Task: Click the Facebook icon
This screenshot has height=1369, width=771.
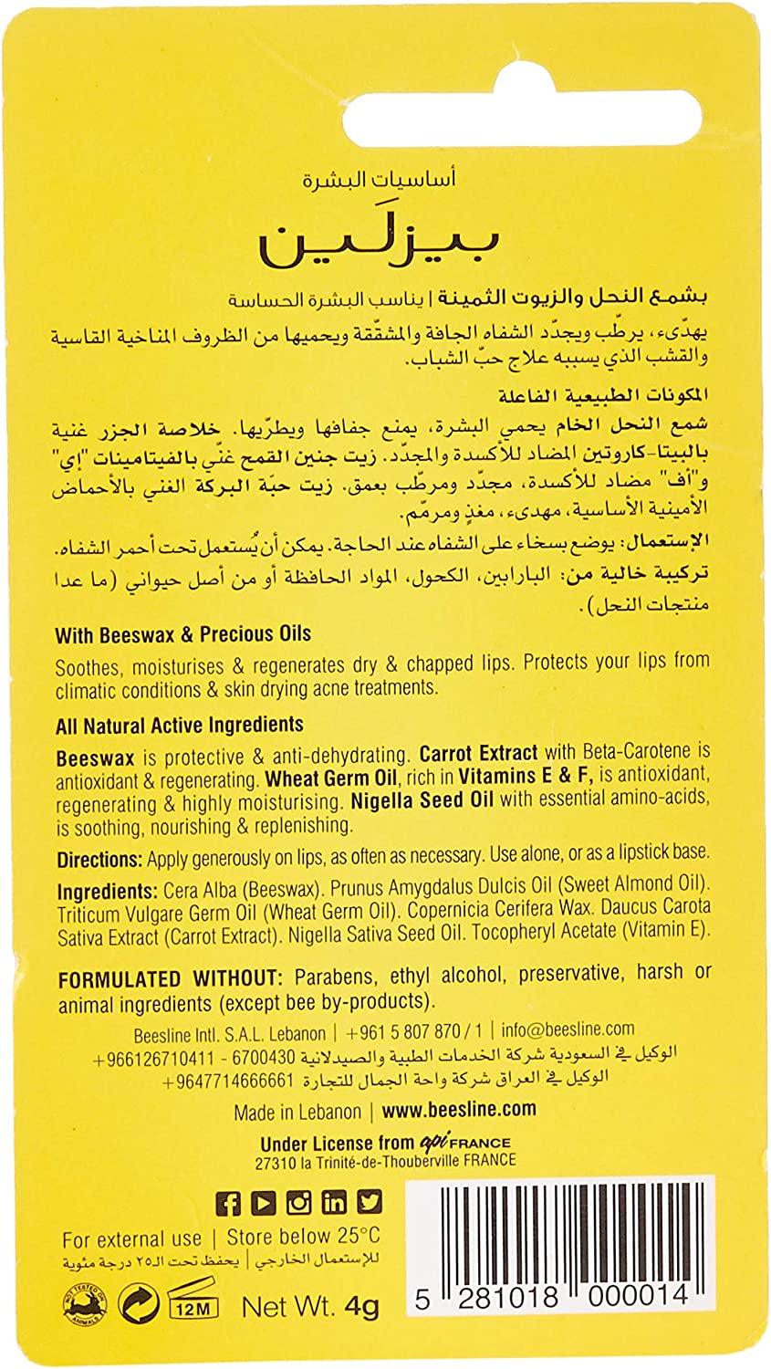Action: click(x=227, y=1203)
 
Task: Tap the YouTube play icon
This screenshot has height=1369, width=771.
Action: click(x=263, y=1203)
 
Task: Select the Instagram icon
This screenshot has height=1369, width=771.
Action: click(x=298, y=1203)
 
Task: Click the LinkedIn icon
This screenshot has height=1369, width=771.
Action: click(x=334, y=1203)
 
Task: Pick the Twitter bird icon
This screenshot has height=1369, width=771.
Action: click(x=370, y=1203)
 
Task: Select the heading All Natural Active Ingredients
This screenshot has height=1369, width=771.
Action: click(x=179, y=726)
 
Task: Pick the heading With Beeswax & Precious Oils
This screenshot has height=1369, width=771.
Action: click(x=183, y=633)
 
